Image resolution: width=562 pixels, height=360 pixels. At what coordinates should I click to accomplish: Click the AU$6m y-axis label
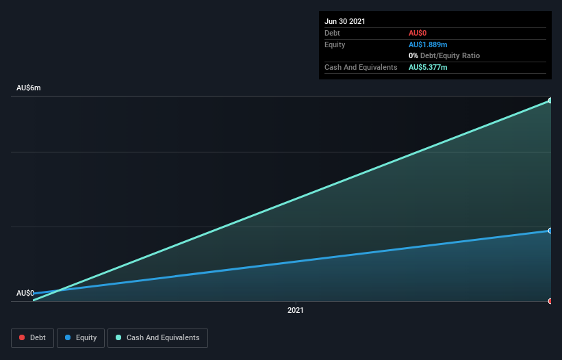29,88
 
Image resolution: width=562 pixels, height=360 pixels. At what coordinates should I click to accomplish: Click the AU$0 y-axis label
25,293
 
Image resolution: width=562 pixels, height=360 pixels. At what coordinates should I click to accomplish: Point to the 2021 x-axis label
296,310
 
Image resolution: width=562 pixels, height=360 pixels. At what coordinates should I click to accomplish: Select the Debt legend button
33,337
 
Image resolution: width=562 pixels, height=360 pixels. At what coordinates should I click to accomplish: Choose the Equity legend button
81,337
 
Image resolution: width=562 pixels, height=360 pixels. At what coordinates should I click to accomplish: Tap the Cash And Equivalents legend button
157,337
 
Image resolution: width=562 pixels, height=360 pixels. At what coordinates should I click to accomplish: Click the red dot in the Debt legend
23,337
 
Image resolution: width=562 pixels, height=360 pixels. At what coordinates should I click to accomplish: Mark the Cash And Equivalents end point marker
550,101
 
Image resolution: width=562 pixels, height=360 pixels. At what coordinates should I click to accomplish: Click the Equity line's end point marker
550,231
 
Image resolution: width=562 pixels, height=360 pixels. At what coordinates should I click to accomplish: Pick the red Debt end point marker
550,301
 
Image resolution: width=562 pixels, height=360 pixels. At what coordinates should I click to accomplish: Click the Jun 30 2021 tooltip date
345,21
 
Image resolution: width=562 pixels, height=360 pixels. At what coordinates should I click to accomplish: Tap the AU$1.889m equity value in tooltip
428,44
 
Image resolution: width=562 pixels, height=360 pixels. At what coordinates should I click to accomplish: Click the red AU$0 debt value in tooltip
418,33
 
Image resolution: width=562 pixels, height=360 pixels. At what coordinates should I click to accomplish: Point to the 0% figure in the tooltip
413,55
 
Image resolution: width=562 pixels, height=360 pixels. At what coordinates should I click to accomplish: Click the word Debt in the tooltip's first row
332,33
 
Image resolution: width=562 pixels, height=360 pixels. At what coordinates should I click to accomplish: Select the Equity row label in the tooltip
335,44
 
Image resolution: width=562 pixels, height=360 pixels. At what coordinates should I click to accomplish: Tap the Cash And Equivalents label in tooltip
361,67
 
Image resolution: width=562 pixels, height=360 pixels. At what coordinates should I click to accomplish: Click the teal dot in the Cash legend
118,337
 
